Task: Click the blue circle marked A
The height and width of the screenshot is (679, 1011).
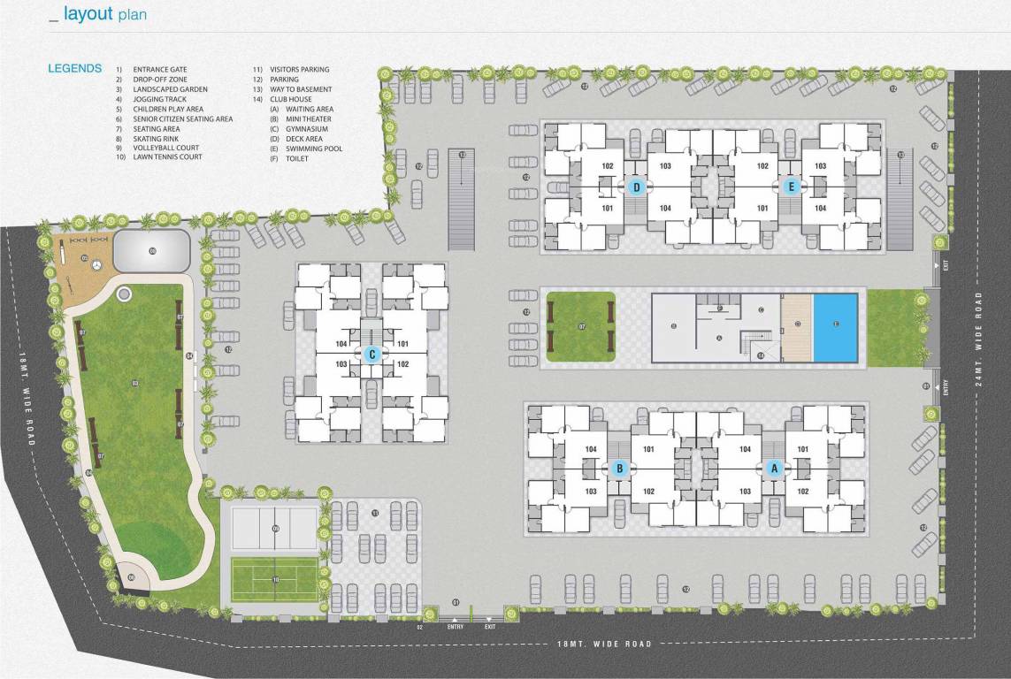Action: click(775, 469)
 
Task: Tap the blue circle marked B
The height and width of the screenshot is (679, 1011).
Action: click(619, 469)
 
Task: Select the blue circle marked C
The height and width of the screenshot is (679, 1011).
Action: click(371, 355)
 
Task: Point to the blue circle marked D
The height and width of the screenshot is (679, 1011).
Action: click(635, 187)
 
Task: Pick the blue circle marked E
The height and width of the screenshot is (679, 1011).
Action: click(792, 187)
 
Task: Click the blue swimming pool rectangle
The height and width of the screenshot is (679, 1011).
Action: click(835, 327)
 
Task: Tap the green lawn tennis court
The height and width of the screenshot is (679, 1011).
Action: click(274, 579)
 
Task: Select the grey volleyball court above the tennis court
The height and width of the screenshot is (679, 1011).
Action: click(274, 529)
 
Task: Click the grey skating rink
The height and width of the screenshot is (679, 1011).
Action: click(152, 251)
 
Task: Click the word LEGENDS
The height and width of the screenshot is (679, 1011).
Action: click(74, 68)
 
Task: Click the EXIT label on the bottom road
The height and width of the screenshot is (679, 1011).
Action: click(489, 627)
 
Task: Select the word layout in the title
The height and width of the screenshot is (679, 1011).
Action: click(88, 14)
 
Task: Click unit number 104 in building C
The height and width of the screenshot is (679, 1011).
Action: click(341, 344)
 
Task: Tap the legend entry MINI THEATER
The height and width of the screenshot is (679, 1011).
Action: click(310, 118)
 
